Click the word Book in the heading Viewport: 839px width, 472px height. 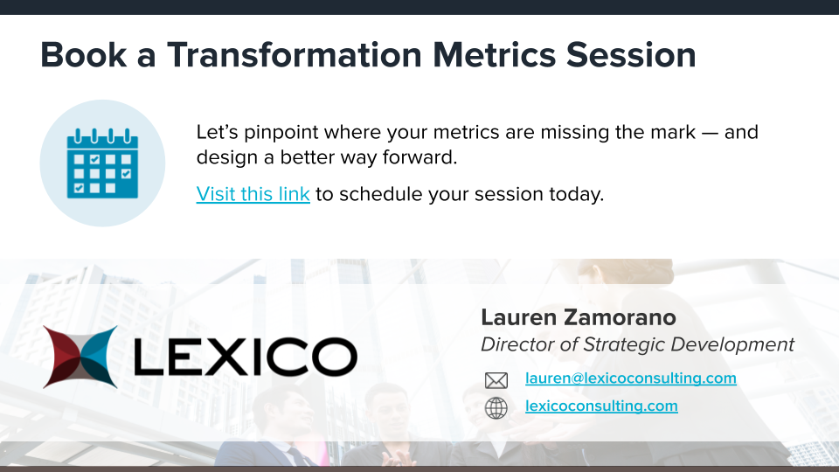click(84, 54)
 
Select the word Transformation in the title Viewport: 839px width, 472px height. click(295, 54)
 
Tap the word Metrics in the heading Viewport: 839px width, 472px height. click(494, 54)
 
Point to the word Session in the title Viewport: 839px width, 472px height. click(631, 54)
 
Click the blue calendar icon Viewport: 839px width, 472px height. click(102, 163)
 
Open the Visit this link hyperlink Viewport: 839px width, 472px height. click(253, 194)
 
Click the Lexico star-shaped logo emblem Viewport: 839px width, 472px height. click(80, 357)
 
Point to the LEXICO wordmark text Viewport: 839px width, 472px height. click(245, 357)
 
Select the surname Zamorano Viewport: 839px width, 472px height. click(620, 317)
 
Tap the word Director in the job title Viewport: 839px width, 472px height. click(517, 344)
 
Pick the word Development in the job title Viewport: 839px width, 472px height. click(732, 344)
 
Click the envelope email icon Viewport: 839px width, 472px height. click(496, 380)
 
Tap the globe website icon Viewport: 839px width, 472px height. click(496, 408)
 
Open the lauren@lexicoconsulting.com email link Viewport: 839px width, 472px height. click(631, 378)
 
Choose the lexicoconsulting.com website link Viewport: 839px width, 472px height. click(601, 406)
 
